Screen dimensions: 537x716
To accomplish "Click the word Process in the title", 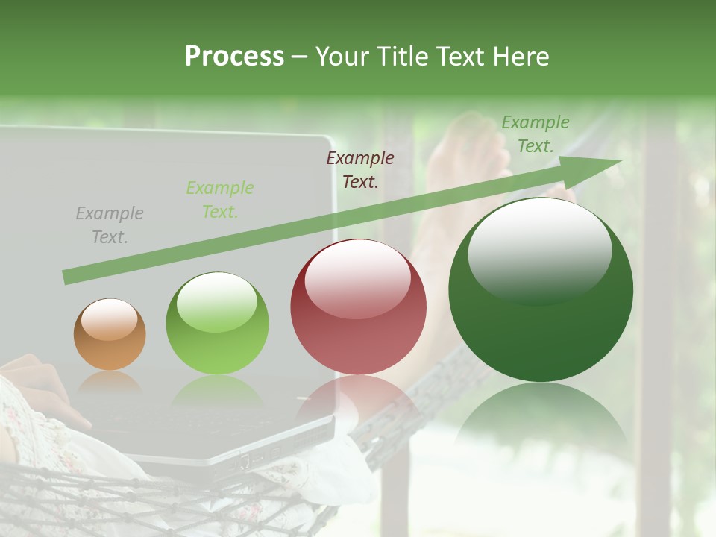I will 234,57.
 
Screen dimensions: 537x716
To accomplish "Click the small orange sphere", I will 110,335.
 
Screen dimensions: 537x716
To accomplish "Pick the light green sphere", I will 217,324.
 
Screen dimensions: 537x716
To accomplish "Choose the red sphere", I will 358,307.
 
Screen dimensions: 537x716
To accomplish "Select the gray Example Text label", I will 110,225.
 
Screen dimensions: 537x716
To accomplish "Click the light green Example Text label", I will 220,200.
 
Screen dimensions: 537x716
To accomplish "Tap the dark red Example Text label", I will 360,170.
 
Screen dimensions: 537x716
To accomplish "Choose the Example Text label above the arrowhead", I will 535,134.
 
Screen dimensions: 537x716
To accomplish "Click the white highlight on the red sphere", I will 358,277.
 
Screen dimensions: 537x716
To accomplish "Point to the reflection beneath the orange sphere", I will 110,385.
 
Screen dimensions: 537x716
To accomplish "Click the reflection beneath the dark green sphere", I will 541,418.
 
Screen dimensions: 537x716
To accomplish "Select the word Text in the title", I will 459,57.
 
